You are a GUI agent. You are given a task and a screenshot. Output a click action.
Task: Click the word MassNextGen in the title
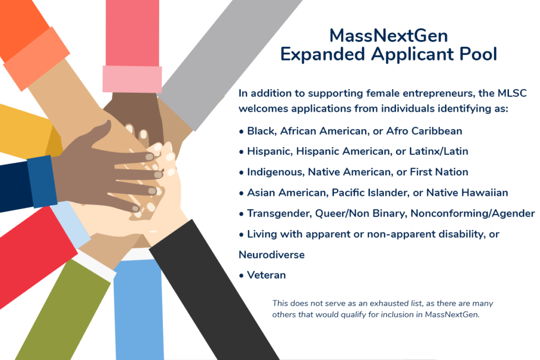click(389, 36)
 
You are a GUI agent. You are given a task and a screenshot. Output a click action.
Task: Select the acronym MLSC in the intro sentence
click(512, 93)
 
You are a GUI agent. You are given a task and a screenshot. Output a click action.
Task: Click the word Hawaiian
click(485, 193)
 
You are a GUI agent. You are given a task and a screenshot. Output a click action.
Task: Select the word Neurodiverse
click(272, 255)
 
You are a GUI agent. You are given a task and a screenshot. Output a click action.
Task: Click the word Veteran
click(266, 275)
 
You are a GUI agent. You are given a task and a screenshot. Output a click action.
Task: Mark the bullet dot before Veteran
click(242, 276)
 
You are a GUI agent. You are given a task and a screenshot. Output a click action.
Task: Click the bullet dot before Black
click(242, 132)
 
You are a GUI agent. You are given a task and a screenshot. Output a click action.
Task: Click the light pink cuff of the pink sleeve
click(132, 79)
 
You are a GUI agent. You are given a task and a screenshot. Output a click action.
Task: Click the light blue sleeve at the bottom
click(139, 310)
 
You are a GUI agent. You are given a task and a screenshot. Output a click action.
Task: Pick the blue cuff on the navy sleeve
click(42, 181)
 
